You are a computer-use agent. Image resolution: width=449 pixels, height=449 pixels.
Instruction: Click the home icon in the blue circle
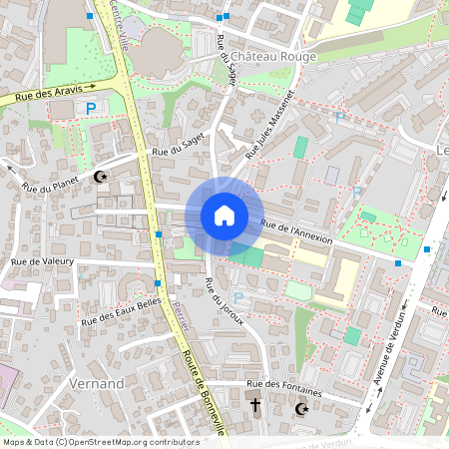point(224,216)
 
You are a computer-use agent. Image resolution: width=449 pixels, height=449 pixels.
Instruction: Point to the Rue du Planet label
point(50,187)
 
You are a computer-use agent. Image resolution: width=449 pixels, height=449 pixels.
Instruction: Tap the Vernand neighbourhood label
point(97,383)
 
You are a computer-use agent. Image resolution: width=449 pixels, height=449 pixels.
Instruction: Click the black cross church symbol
point(255,406)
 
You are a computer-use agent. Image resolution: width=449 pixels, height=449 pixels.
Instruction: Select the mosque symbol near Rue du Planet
point(100,178)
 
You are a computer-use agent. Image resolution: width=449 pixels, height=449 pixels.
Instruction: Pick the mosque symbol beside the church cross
point(301,408)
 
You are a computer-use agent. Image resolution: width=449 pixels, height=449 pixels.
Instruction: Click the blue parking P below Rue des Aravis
point(91,108)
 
